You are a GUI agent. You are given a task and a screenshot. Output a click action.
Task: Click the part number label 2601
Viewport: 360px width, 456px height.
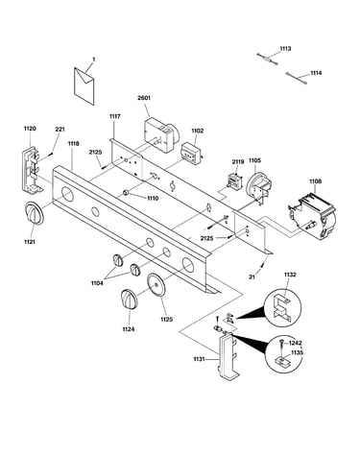pyautogui.click(x=144, y=98)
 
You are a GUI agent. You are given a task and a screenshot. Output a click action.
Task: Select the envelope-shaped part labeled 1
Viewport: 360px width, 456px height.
pyautogui.click(x=84, y=86)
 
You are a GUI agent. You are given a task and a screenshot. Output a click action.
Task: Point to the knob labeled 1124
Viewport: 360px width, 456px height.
pyautogui.click(x=129, y=300)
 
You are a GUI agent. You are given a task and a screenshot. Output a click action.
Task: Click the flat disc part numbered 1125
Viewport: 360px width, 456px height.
pyautogui.click(x=156, y=285)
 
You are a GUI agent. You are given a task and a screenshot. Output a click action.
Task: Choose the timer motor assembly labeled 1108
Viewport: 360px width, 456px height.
pyautogui.click(x=312, y=215)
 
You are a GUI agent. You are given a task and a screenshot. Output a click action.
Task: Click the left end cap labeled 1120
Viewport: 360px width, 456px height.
pyautogui.click(x=32, y=170)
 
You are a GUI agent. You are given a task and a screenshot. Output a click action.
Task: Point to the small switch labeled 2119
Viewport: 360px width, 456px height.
pyautogui.click(x=234, y=180)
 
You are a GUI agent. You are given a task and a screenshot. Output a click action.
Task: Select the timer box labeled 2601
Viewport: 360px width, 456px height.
pyautogui.click(x=161, y=134)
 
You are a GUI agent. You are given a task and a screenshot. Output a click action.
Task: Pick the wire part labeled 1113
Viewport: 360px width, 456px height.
pyautogui.click(x=267, y=59)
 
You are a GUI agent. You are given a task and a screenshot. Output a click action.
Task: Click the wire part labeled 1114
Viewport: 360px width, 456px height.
pyautogui.click(x=297, y=79)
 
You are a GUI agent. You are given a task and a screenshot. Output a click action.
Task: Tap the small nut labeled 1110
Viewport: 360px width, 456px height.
pyautogui.click(x=126, y=193)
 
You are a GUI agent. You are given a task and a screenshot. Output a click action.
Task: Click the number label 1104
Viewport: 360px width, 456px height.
pyautogui.click(x=97, y=283)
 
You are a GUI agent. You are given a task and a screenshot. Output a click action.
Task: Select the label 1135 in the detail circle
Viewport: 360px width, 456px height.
pyautogui.click(x=297, y=353)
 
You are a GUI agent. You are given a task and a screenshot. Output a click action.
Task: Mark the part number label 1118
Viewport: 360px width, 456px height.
pyautogui.click(x=73, y=144)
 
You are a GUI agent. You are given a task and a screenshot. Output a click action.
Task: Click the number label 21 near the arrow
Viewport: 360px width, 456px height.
pyautogui.click(x=252, y=277)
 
